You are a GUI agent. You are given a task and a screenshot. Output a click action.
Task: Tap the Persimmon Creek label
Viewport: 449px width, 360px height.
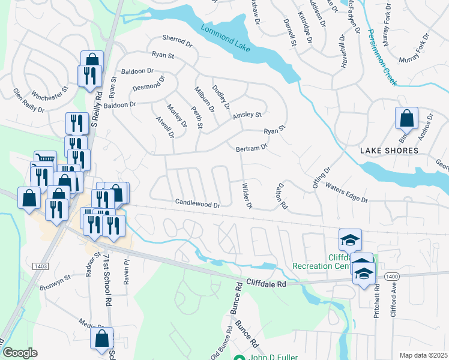click(x=382, y=58)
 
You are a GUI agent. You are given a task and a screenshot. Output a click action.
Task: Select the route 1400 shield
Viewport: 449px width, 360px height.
click(x=391, y=275)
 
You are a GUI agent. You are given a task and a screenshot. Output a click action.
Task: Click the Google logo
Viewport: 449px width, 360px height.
click(x=20, y=353)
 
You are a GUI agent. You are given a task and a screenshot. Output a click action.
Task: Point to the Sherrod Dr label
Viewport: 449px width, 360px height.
click(x=176, y=43)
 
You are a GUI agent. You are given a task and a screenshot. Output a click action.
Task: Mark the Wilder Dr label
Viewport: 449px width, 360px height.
click(x=246, y=196)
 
